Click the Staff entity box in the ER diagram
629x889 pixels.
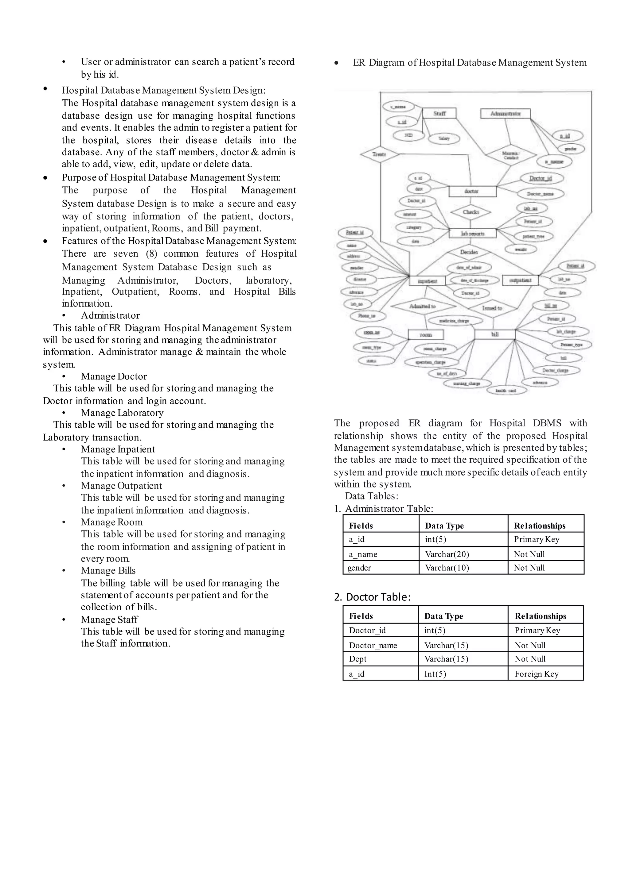(439, 114)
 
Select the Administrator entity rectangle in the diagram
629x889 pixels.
(505, 114)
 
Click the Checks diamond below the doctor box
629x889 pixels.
(471, 212)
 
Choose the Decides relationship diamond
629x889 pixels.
(469, 252)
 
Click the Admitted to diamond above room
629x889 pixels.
(423, 306)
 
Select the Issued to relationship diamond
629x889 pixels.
(492, 308)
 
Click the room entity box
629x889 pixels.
(426, 335)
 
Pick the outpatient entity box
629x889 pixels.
(520, 280)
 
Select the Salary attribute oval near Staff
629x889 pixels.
(444, 138)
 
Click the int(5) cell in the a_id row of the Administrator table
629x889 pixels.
(463, 539)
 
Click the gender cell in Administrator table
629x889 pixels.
(380, 568)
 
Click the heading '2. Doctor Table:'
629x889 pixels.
(372, 597)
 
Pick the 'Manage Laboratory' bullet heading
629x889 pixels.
(122, 413)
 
